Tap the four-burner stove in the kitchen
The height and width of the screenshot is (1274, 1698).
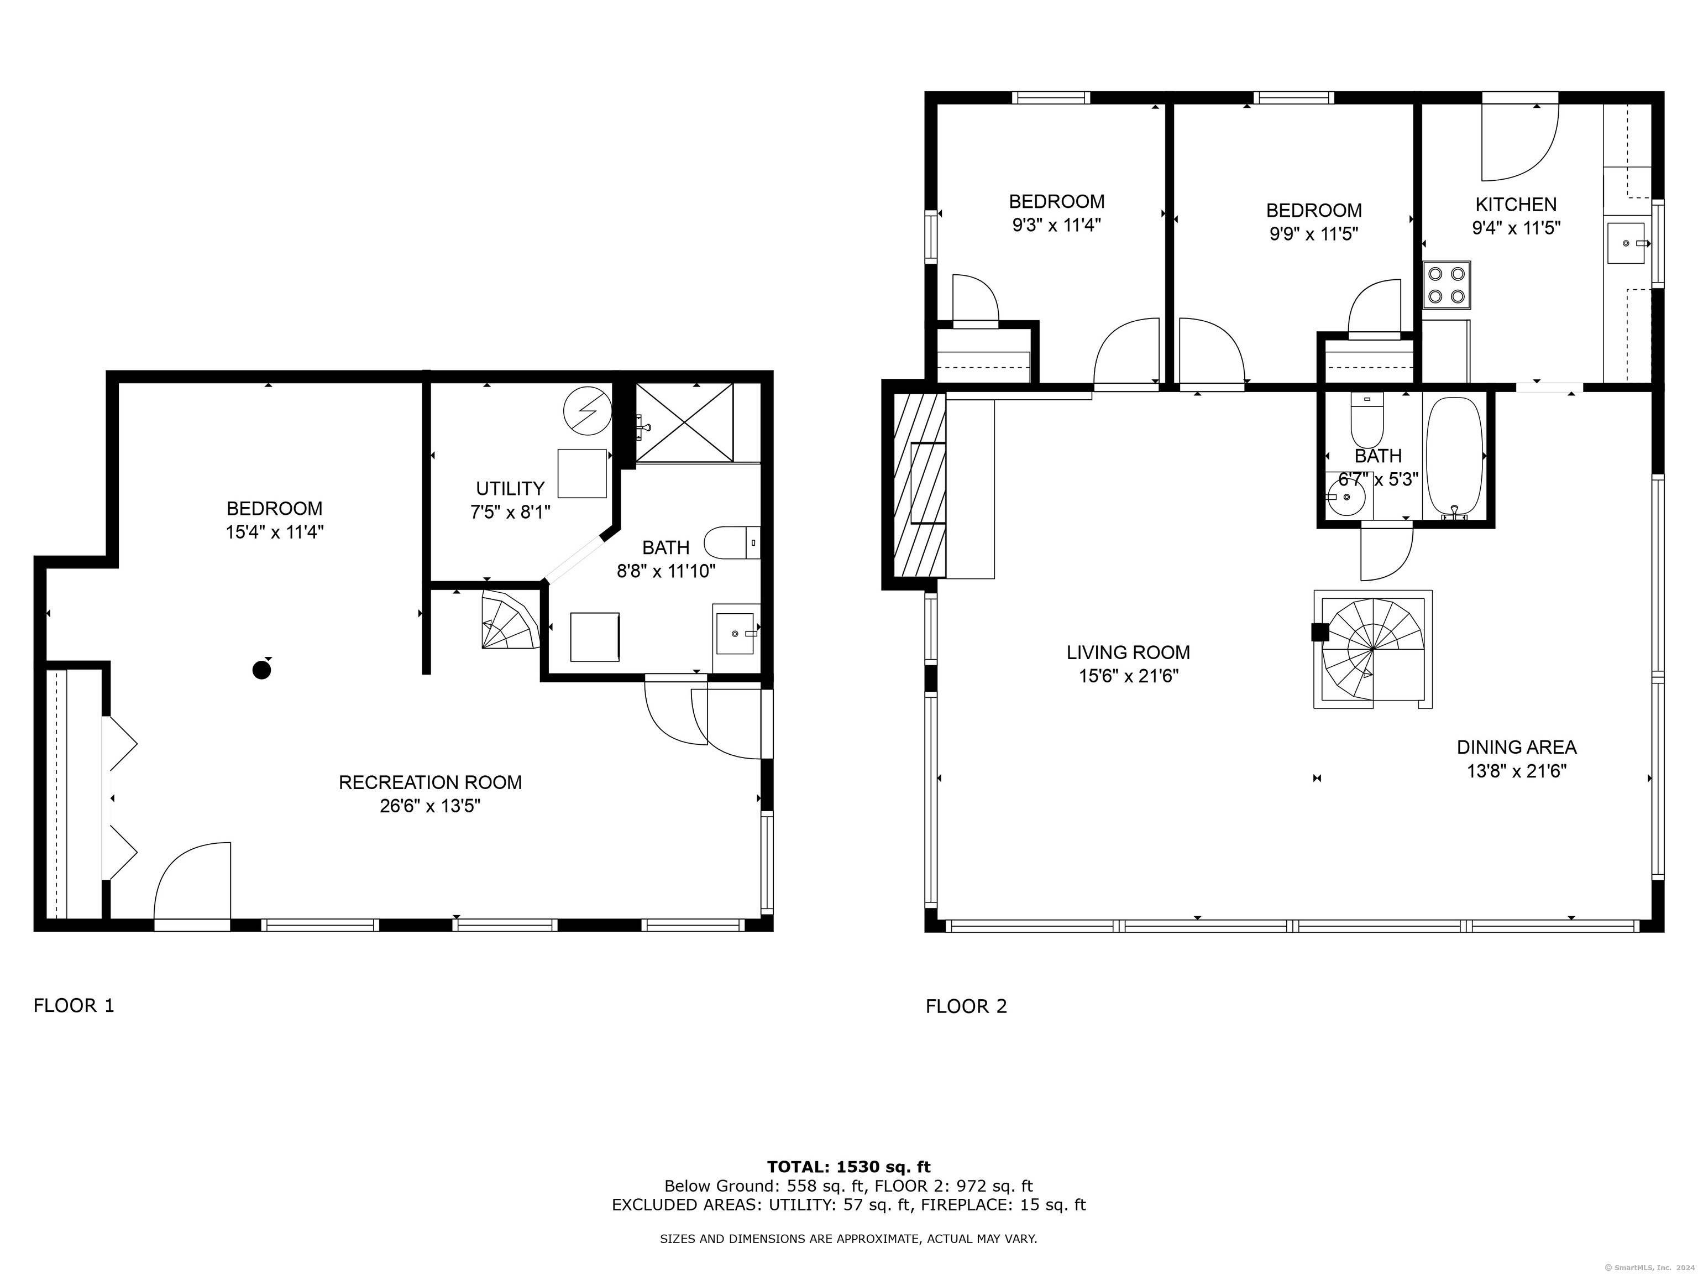tap(1446, 285)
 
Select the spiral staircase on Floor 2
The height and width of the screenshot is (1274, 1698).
tap(1372, 649)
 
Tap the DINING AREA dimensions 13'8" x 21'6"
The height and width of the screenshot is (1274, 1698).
tap(1516, 771)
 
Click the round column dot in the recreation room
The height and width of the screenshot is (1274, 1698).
tap(262, 670)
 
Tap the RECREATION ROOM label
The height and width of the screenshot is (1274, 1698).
tap(430, 782)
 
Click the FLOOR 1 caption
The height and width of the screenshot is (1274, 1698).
tap(74, 1005)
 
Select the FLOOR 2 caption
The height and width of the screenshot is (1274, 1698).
tap(966, 1006)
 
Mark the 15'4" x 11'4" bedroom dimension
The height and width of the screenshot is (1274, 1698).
tap(275, 532)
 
